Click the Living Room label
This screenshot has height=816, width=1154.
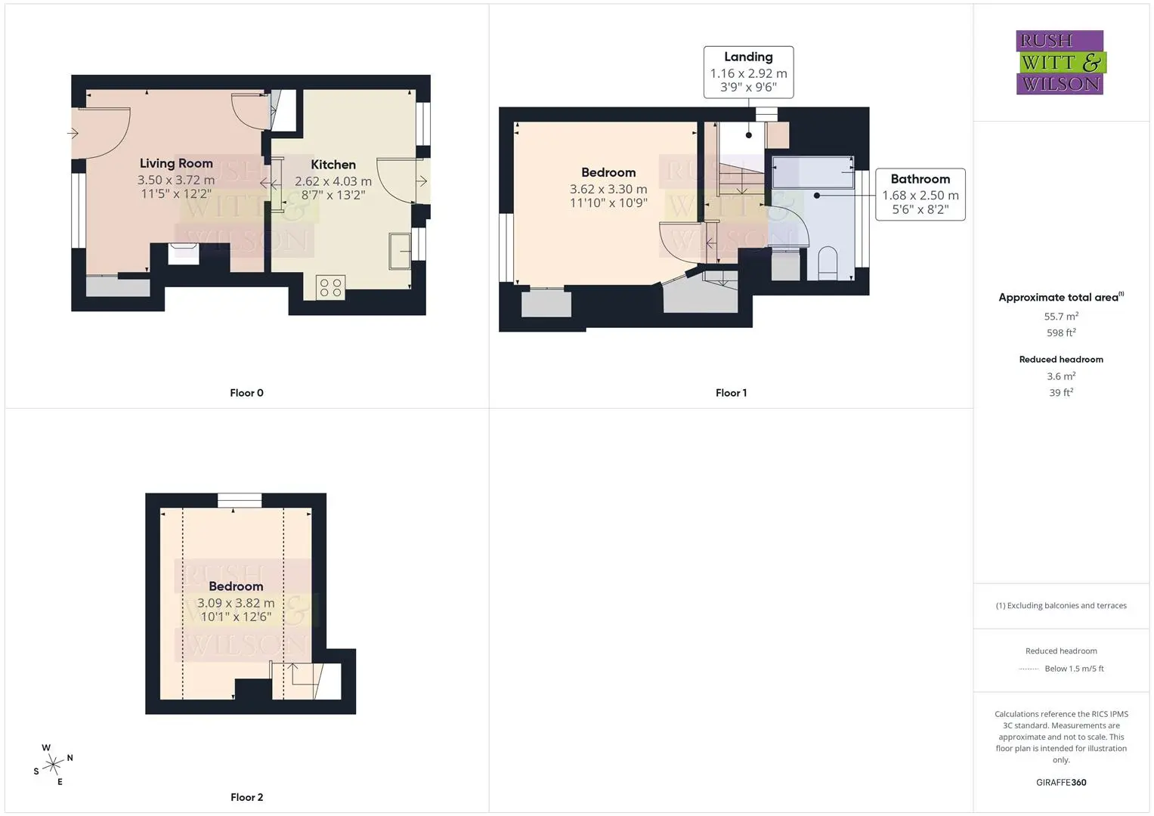tap(176, 163)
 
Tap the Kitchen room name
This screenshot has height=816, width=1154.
tap(333, 165)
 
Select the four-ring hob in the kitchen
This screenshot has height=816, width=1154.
tap(331, 287)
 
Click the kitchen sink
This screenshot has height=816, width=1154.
tap(400, 251)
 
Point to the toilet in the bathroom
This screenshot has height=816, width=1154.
tap(828, 263)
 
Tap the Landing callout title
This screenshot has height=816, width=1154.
tap(749, 57)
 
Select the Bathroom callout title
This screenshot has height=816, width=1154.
tap(920, 179)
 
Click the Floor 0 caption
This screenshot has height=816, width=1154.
tap(247, 393)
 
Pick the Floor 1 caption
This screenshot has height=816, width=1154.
tap(731, 393)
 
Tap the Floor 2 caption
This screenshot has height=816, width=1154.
tap(247, 797)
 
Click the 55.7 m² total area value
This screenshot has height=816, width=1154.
tap(1061, 317)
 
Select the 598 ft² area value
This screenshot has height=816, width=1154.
tap(1061, 332)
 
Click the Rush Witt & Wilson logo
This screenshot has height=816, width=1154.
tap(1061, 62)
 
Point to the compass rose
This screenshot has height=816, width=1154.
tap(53, 765)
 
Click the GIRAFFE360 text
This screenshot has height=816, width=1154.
tap(1061, 783)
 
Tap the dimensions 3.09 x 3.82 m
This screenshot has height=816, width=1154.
tap(236, 603)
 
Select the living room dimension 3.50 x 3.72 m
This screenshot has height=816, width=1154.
tap(176, 180)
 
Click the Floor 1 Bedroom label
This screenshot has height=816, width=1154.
tap(608, 172)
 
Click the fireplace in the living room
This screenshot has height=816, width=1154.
tap(184, 254)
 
